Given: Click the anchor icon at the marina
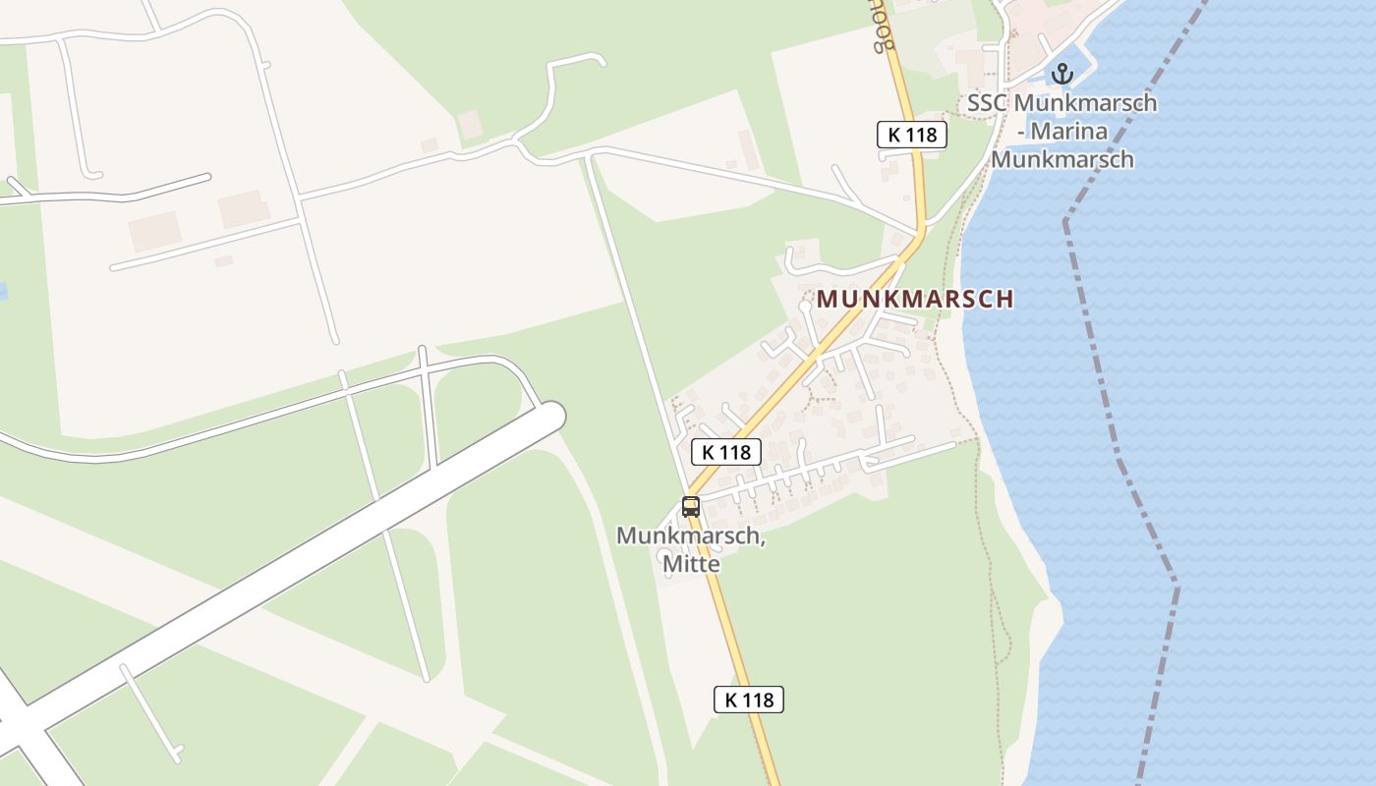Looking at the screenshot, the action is [x=1061, y=73].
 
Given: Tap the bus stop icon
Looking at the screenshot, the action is [x=691, y=507].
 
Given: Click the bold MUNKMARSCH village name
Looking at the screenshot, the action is [x=915, y=299].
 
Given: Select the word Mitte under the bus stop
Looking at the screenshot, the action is [x=691, y=564].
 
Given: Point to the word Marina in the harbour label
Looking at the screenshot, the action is [x=1070, y=131].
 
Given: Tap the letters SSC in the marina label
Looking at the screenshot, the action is [x=987, y=102].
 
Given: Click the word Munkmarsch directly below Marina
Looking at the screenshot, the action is [x=1062, y=158].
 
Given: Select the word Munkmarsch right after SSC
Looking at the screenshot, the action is [x=1084, y=102].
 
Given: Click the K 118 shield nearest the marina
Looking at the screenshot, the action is [x=912, y=135].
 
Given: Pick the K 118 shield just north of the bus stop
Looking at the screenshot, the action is [x=726, y=452].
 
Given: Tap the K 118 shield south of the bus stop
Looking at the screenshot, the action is [x=749, y=700].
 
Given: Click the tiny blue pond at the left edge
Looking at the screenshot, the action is [x=3, y=291].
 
